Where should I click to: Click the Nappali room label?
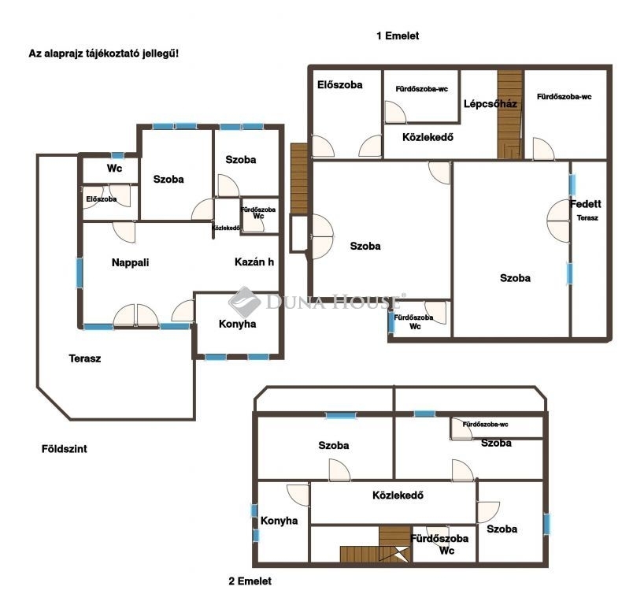click(x=130, y=262)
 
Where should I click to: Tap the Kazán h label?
click(x=254, y=262)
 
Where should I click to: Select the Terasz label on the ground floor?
click(x=85, y=358)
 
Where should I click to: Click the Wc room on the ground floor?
click(x=114, y=169)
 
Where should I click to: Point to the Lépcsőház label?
click(x=490, y=104)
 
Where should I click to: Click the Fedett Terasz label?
click(x=587, y=210)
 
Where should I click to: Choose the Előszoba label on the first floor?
click(x=339, y=85)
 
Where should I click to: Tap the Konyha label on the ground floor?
click(x=238, y=324)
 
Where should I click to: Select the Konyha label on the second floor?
click(x=279, y=521)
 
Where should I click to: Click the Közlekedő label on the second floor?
click(x=398, y=496)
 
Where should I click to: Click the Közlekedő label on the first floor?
click(x=428, y=137)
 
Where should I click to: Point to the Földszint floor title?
click(x=65, y=449)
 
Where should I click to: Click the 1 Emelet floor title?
click(x=398, y=36)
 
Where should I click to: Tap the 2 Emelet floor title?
click(x=250, y=581)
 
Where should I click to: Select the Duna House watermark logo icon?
click(x=245, y=302)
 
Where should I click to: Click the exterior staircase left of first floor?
click(x=299, y=179)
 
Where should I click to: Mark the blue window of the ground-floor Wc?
click(x=118, y=155)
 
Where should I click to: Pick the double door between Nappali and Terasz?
click(x=135, y=315)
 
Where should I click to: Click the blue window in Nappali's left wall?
click(x=80, y=273)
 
